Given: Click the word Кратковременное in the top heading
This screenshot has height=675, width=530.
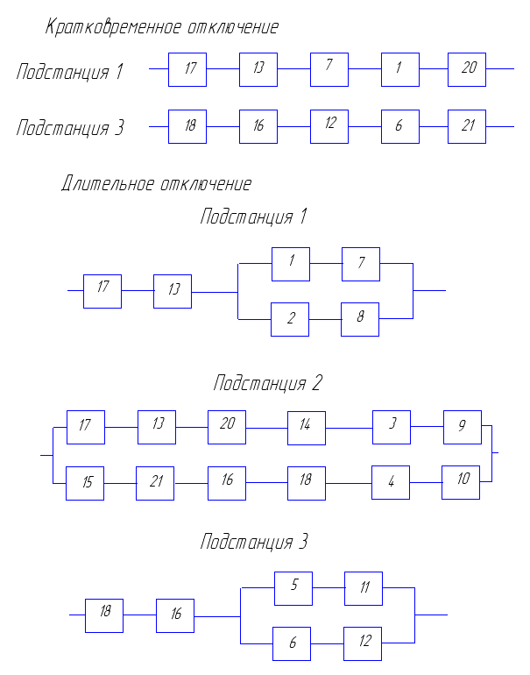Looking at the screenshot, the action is coord(113,27).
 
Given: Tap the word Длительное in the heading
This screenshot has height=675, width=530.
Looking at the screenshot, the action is coord(108,183).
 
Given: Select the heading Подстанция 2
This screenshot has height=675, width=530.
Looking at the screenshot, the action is coord(267,383).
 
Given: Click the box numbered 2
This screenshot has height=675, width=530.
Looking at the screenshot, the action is coord(290,319).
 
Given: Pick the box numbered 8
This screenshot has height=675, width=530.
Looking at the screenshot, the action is coord(360,319).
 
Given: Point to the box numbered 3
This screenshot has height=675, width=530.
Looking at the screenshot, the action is coord(392,427).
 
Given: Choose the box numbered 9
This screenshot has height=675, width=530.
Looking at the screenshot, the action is coord(463,427).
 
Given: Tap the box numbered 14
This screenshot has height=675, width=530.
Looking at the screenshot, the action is coord(307,428).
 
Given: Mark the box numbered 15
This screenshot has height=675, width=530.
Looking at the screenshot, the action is coord(85,483).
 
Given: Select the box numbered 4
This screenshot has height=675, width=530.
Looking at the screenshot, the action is coord(391,482).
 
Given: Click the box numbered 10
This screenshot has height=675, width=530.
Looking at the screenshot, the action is coord(461,482).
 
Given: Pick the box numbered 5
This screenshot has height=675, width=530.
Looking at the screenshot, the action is coord(293,588).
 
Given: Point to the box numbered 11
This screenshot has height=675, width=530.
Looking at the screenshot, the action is coord(364,588).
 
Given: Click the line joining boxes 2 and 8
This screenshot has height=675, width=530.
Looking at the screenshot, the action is coord(325,319).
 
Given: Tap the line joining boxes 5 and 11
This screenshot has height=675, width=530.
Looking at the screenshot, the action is coord(329,587).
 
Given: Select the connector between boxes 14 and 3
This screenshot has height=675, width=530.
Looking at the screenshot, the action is coord(349,428).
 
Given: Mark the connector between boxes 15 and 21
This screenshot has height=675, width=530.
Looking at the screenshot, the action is coord(120,483).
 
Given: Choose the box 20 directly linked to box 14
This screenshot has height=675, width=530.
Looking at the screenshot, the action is coord(227,427).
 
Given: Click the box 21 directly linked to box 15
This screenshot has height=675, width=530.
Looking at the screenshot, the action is coord(155,483).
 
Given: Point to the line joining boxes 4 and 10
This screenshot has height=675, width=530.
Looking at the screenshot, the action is coord(426,482).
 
